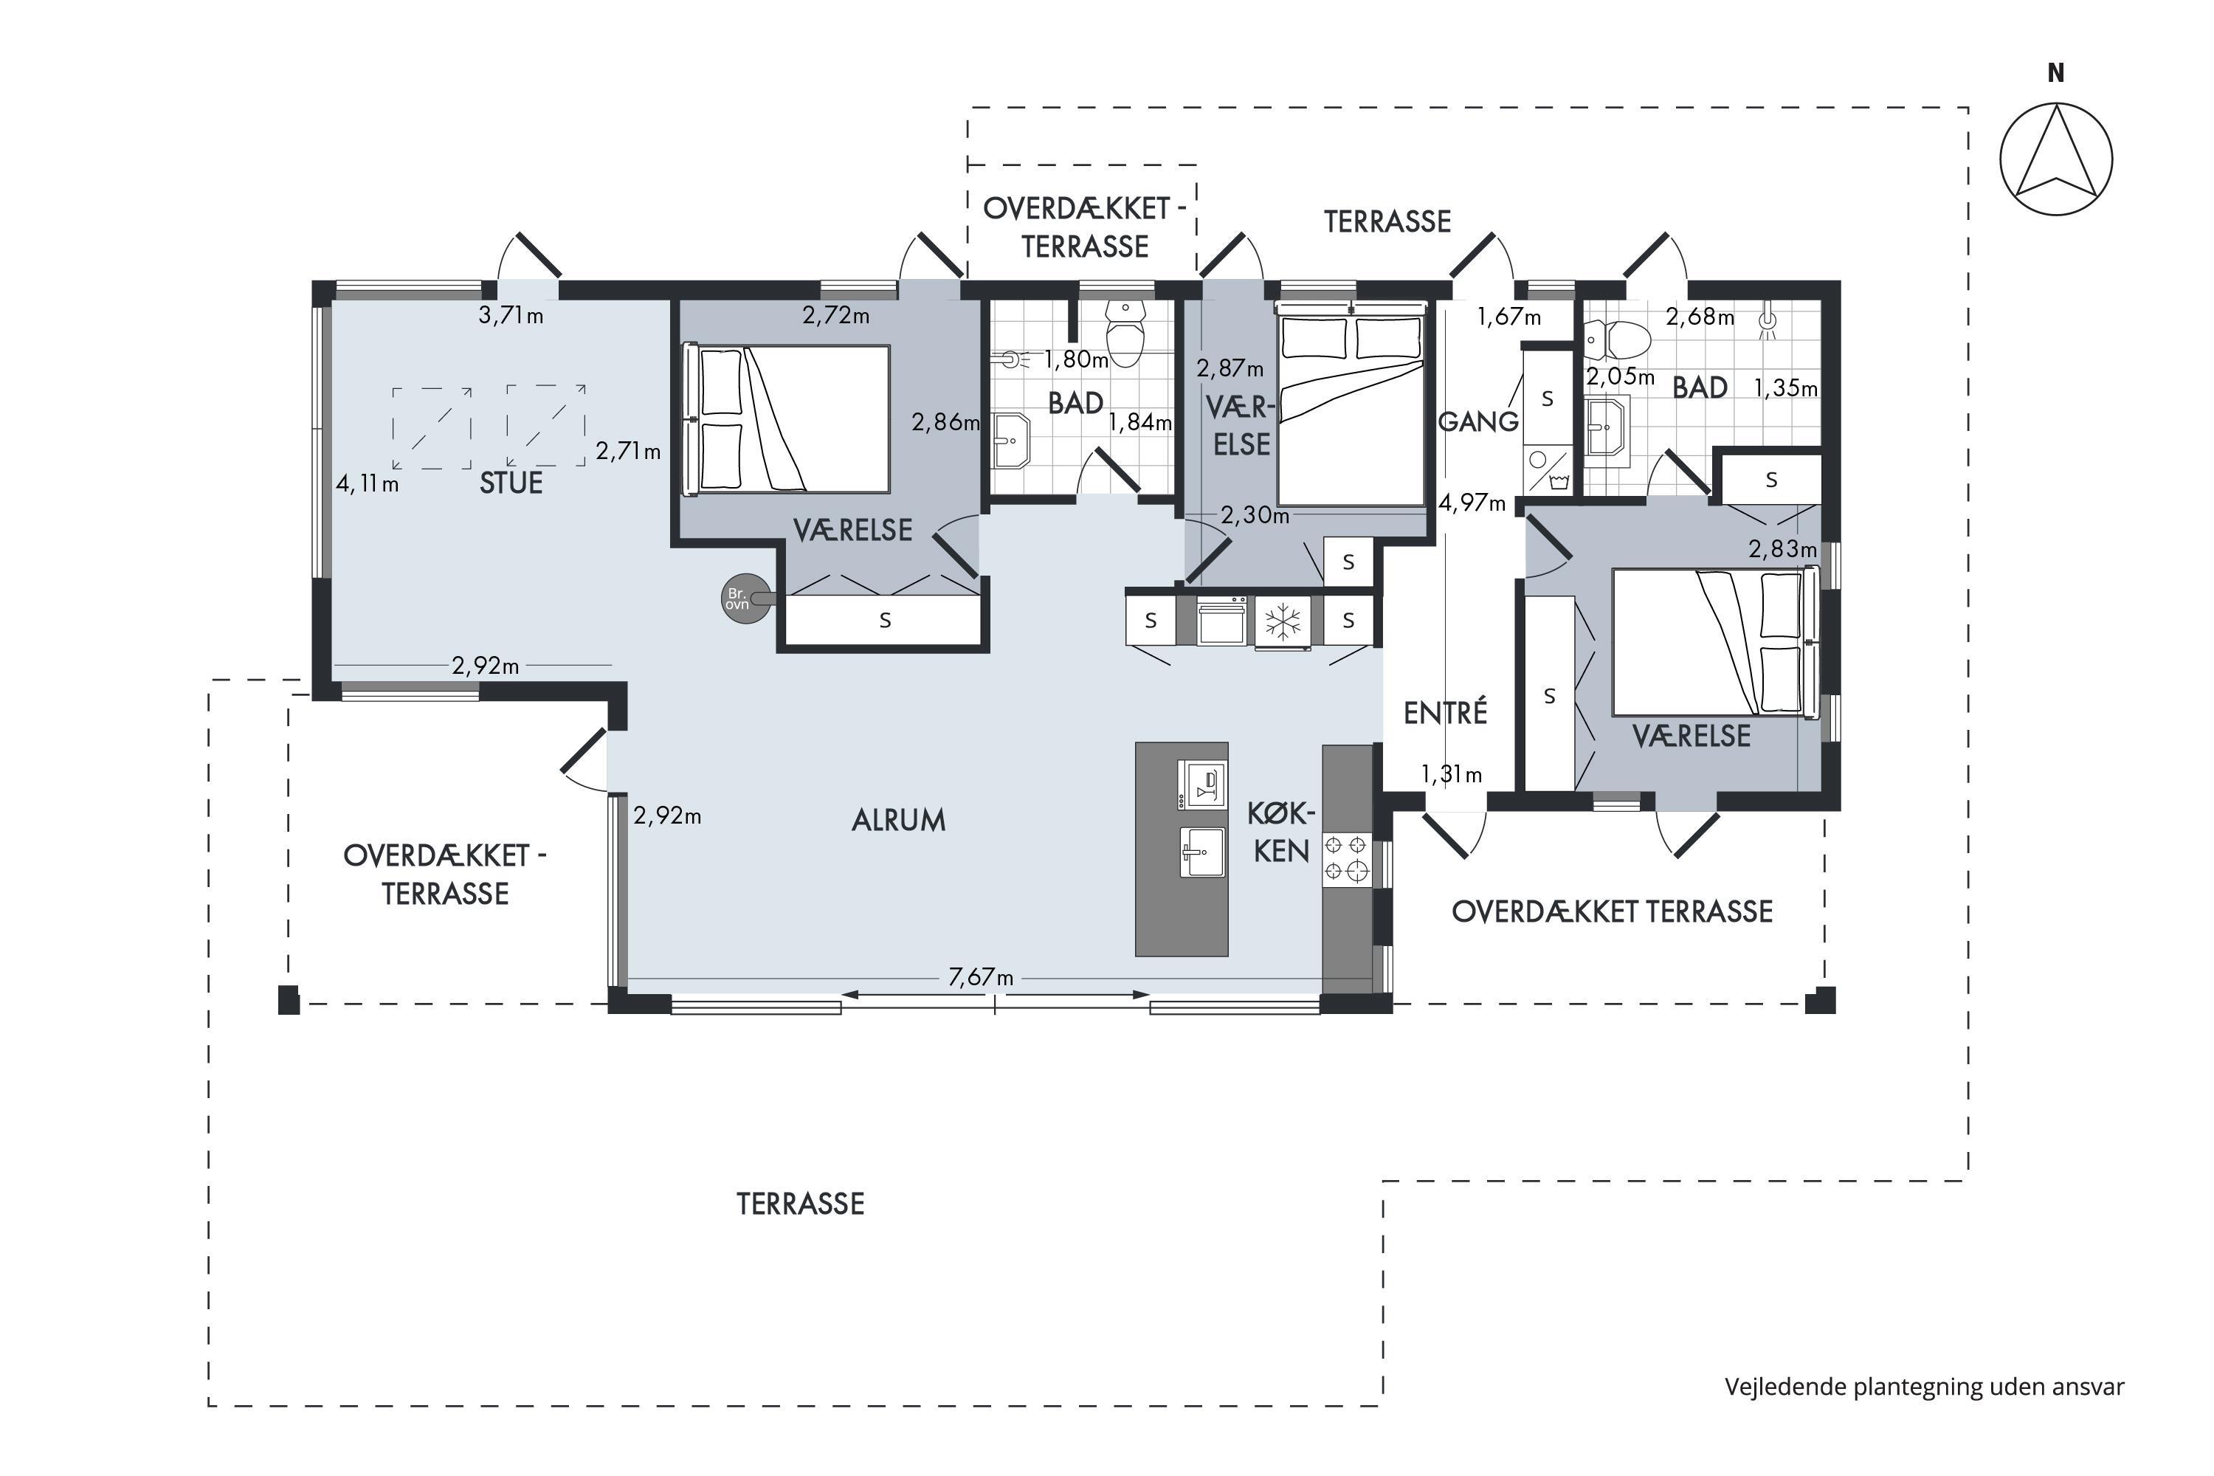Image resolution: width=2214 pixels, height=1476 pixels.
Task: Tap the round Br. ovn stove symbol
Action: click(x=745, y=599)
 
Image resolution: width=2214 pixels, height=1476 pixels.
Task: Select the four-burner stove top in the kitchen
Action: click(x=1346, y=858)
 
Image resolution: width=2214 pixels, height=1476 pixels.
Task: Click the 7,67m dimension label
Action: click(x=981, y=977)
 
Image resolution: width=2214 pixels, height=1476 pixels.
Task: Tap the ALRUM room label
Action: click(x=898, y=821)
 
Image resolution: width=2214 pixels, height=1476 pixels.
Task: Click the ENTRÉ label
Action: click(x=1445, y=713)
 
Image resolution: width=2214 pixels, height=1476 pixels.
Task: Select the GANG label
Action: click(x=1478, y=421)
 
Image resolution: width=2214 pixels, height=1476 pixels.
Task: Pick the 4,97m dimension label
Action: click(x=1472, y=503)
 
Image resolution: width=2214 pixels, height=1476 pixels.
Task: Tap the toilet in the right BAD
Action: click(x=1618, y=339)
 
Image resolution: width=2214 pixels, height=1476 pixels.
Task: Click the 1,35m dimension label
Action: click(x=1784, y=388)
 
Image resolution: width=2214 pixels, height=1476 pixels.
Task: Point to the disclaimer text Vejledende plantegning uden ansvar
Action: click(x=1924, y=1387)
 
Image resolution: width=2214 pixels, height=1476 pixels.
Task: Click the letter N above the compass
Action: click(x=2056, y=72)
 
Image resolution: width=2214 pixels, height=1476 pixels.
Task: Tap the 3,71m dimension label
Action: click(x=511, y=315)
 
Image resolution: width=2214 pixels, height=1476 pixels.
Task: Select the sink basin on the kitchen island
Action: click(x=1202, y=852)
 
